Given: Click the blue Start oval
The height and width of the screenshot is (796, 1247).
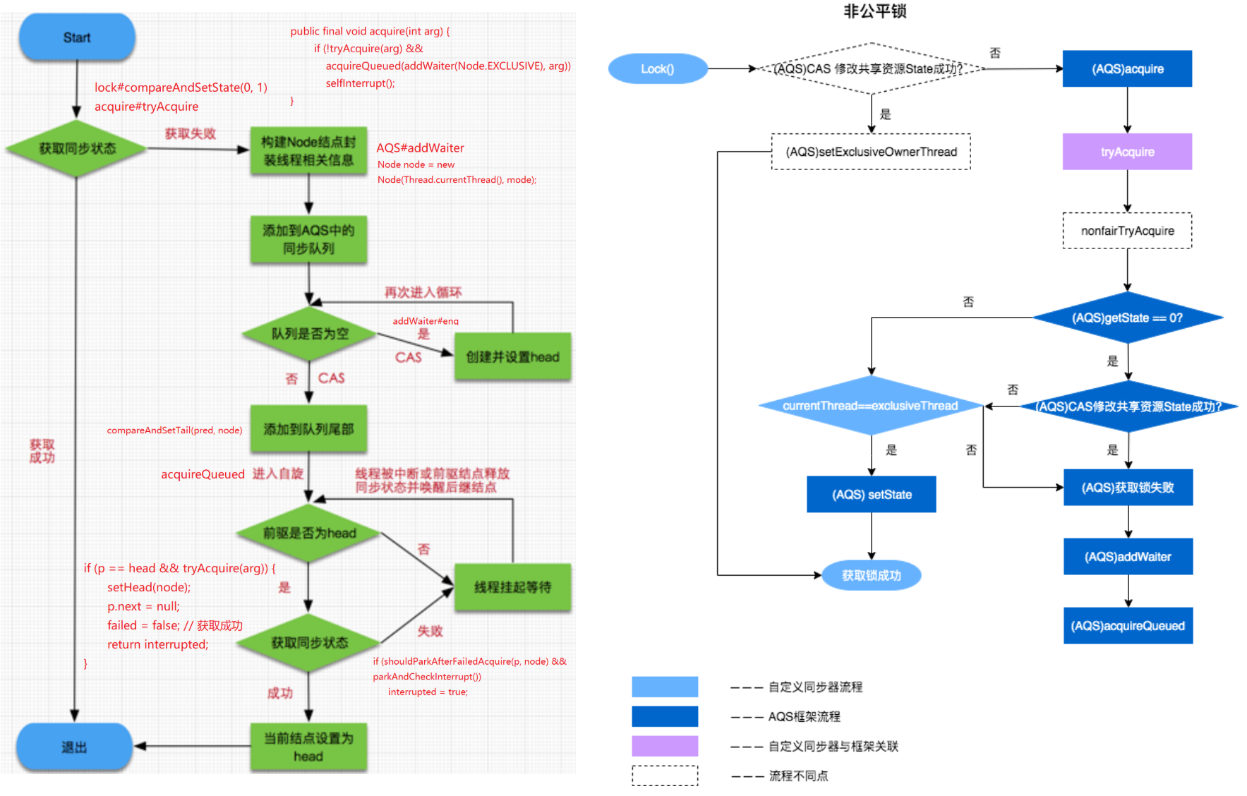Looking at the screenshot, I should tap(77, 37).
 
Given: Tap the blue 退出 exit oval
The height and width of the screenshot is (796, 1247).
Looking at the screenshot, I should tap(74, 747).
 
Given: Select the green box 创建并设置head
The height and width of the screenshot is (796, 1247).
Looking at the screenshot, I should tap(512, 357).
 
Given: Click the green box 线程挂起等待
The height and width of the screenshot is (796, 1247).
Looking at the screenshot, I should tap(512, 587).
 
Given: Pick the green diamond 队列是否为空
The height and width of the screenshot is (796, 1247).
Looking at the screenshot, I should tap(309, 334).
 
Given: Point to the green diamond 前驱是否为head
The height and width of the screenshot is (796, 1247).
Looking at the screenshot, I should tap(309, 533).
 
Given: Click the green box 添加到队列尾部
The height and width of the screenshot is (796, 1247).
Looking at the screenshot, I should tap(308, 429).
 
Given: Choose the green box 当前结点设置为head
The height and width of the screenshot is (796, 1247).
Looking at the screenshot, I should tap(308, 747).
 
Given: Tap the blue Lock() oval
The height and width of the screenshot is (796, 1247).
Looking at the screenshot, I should tap(657, 69).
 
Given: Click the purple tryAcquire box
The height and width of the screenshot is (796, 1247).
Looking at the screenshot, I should tap(1127, 152).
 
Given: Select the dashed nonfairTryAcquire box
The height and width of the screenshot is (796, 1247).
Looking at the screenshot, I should tap(1127, 231).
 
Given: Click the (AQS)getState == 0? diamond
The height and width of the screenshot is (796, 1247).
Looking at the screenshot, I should tap(1127, 318).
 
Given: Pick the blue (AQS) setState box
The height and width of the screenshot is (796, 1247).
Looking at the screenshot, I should tap(872, 495).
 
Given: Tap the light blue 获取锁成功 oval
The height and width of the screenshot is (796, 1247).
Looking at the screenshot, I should tap(872, 576).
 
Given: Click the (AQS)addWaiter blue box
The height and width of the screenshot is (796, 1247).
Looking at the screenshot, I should tap(1128, 557).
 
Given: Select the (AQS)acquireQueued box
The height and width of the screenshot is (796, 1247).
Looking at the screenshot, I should tap(1128, 626).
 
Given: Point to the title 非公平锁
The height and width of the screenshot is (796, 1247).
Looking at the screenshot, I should tap(874, 11).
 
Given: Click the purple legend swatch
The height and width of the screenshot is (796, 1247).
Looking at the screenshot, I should tap(665, 746).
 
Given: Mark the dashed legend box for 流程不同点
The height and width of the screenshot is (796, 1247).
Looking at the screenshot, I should tap(665, 776).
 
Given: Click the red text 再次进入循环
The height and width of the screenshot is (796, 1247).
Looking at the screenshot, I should tap(423, 292).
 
